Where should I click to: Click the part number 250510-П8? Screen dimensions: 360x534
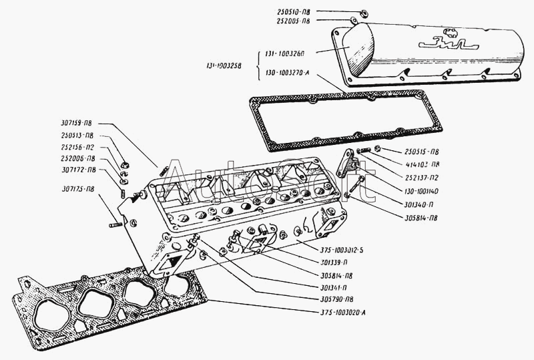tap(290, 12)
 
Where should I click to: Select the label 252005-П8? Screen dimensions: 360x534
tap(290, 21)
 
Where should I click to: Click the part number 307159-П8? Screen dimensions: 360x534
tap(75, 122)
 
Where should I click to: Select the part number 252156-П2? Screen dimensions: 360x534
tap(75, 146)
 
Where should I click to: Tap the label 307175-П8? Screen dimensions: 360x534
tap(75, 189)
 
